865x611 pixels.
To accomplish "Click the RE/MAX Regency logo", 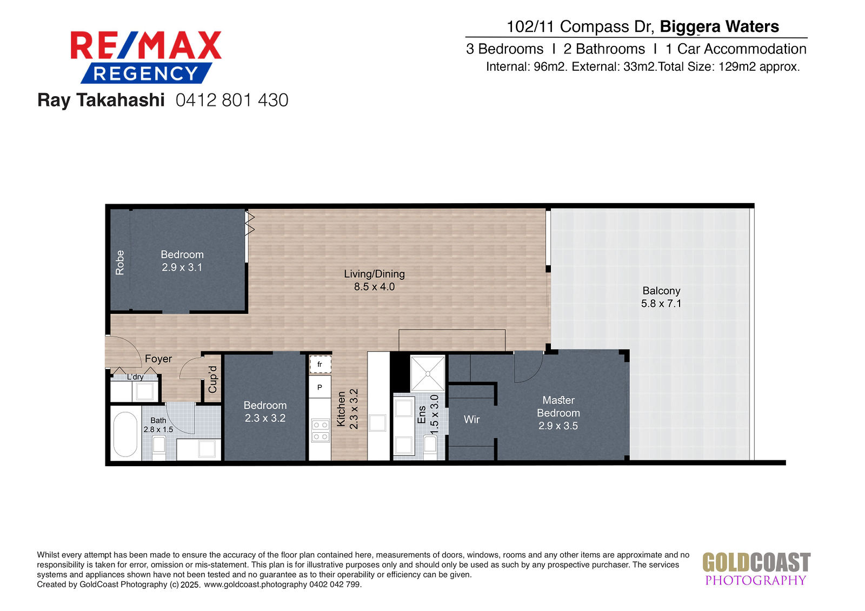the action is [x=146, y=57].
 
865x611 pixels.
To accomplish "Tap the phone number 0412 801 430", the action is [x=232, y=100].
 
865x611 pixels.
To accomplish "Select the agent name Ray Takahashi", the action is [x=101, y=100].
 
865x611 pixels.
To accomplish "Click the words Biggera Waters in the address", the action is [x=719, y=27].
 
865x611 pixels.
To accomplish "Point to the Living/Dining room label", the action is [x=374, y=274].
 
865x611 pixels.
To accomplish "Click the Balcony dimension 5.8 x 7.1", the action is [x=661, y=304].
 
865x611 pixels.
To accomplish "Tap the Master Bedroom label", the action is [x=558, y=406].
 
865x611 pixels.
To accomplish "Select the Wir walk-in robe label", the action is [x=471, y=419].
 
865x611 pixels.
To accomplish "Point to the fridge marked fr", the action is [x=320, y=364].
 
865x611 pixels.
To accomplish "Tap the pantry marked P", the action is [x=320, y=387].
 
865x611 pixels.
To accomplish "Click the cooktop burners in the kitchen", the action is [x=321, y=431].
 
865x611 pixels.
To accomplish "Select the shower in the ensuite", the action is [x=428, y=374].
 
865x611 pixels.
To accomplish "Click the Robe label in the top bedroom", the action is [x=120, y=263].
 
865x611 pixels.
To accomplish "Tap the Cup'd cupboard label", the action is [x=213, y=379].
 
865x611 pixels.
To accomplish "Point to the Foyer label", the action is [x=158, y=359].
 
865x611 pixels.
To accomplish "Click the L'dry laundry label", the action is [x=135, y=377].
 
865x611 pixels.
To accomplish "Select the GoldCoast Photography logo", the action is [x=756, y=569].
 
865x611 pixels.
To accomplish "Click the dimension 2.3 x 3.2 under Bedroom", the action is [x=265, y=418].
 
